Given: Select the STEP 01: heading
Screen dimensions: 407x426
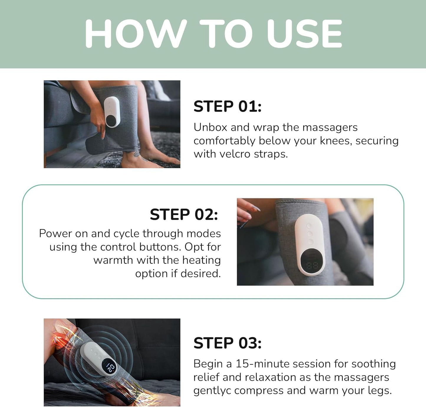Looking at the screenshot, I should [x=227, y=106].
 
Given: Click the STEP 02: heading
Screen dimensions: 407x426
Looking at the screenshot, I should [x=184, y=215].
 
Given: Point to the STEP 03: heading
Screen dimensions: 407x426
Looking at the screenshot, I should [x=227, y=343].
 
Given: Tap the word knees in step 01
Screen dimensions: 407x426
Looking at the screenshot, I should [x=336, y=141].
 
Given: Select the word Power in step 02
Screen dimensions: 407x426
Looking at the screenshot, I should [x=55, y=233].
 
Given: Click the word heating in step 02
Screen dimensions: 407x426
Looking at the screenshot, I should [x=201, y=260].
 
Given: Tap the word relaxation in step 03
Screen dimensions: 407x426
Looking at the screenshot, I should [x=277, y=377].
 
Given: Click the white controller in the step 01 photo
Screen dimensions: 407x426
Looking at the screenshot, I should [x=112, y=112].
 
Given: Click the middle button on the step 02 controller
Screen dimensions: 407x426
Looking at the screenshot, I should [x=310, y=234].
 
